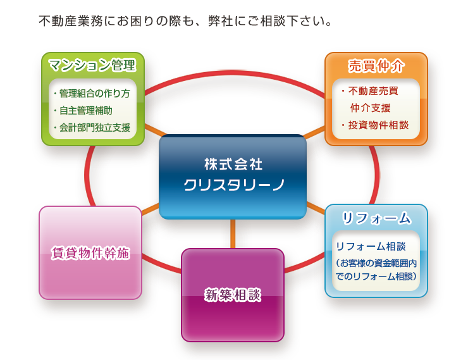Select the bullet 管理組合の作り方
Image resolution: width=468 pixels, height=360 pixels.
pyautogui.click(x=94, y=94)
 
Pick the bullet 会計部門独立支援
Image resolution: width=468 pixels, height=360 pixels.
pyautogui.click(x=94, y=127)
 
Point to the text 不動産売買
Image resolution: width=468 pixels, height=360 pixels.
pyautogui.click(x=373, y=90)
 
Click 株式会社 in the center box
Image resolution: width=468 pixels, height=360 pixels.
pyautogui.click(x=233, y=164)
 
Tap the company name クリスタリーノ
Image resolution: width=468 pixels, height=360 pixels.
pyautogui.click(x=233, y=185)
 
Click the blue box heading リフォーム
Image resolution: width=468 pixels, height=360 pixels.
pyautogui.click(x=376, y=218)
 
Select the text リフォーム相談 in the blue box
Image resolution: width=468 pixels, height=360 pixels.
pyautogui.click(x=371, y=246)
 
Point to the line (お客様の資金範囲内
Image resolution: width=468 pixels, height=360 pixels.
pyautogui.click(x=376, y=262)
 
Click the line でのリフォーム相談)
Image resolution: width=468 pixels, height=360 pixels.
pyautogui.click(x=376, y=276)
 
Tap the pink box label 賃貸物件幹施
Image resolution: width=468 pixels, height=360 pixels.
pyautogui.click(x=90, y=253)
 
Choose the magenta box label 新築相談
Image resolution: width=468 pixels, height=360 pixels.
pyautogui.click(x=232, y=294)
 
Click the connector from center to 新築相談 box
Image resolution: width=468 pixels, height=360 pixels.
pyautogui.click(x=233, y=233)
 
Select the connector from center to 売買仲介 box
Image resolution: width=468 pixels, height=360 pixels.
pyautogui.click(x=314, y=132)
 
